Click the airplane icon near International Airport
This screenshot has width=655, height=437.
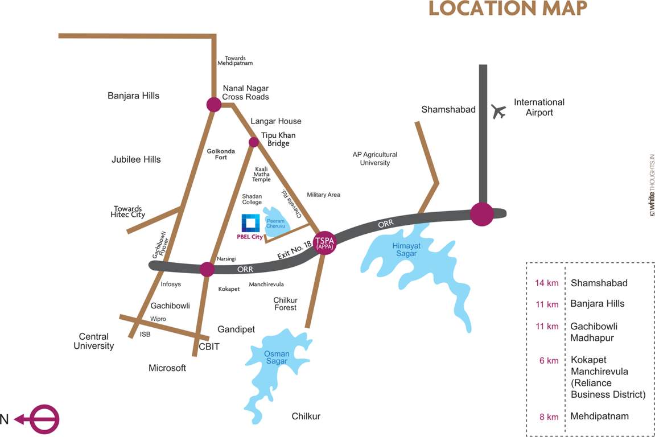click(x=499, y=112)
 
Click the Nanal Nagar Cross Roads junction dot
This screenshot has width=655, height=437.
click(x=214, y=104)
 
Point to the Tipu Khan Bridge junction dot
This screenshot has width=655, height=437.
click(x=254, y=142)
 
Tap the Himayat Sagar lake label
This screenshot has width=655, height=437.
click(x=405, y=249)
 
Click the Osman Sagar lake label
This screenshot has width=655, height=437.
click(x=277, y=357)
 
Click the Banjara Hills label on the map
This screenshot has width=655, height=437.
click(x=133, y=96)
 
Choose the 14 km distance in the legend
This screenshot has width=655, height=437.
click(x=546, y=283)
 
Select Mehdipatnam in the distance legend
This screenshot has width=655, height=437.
click(x=599, y=416)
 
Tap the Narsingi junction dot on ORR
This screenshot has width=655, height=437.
click(x=207, y=269)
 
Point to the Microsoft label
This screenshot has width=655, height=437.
click(x=167, y=368)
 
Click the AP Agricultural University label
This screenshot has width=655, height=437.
click(x=374, y=159)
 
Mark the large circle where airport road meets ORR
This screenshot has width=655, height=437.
click(x=482, y=214)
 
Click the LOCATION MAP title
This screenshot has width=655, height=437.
click(x=508, y=9)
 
